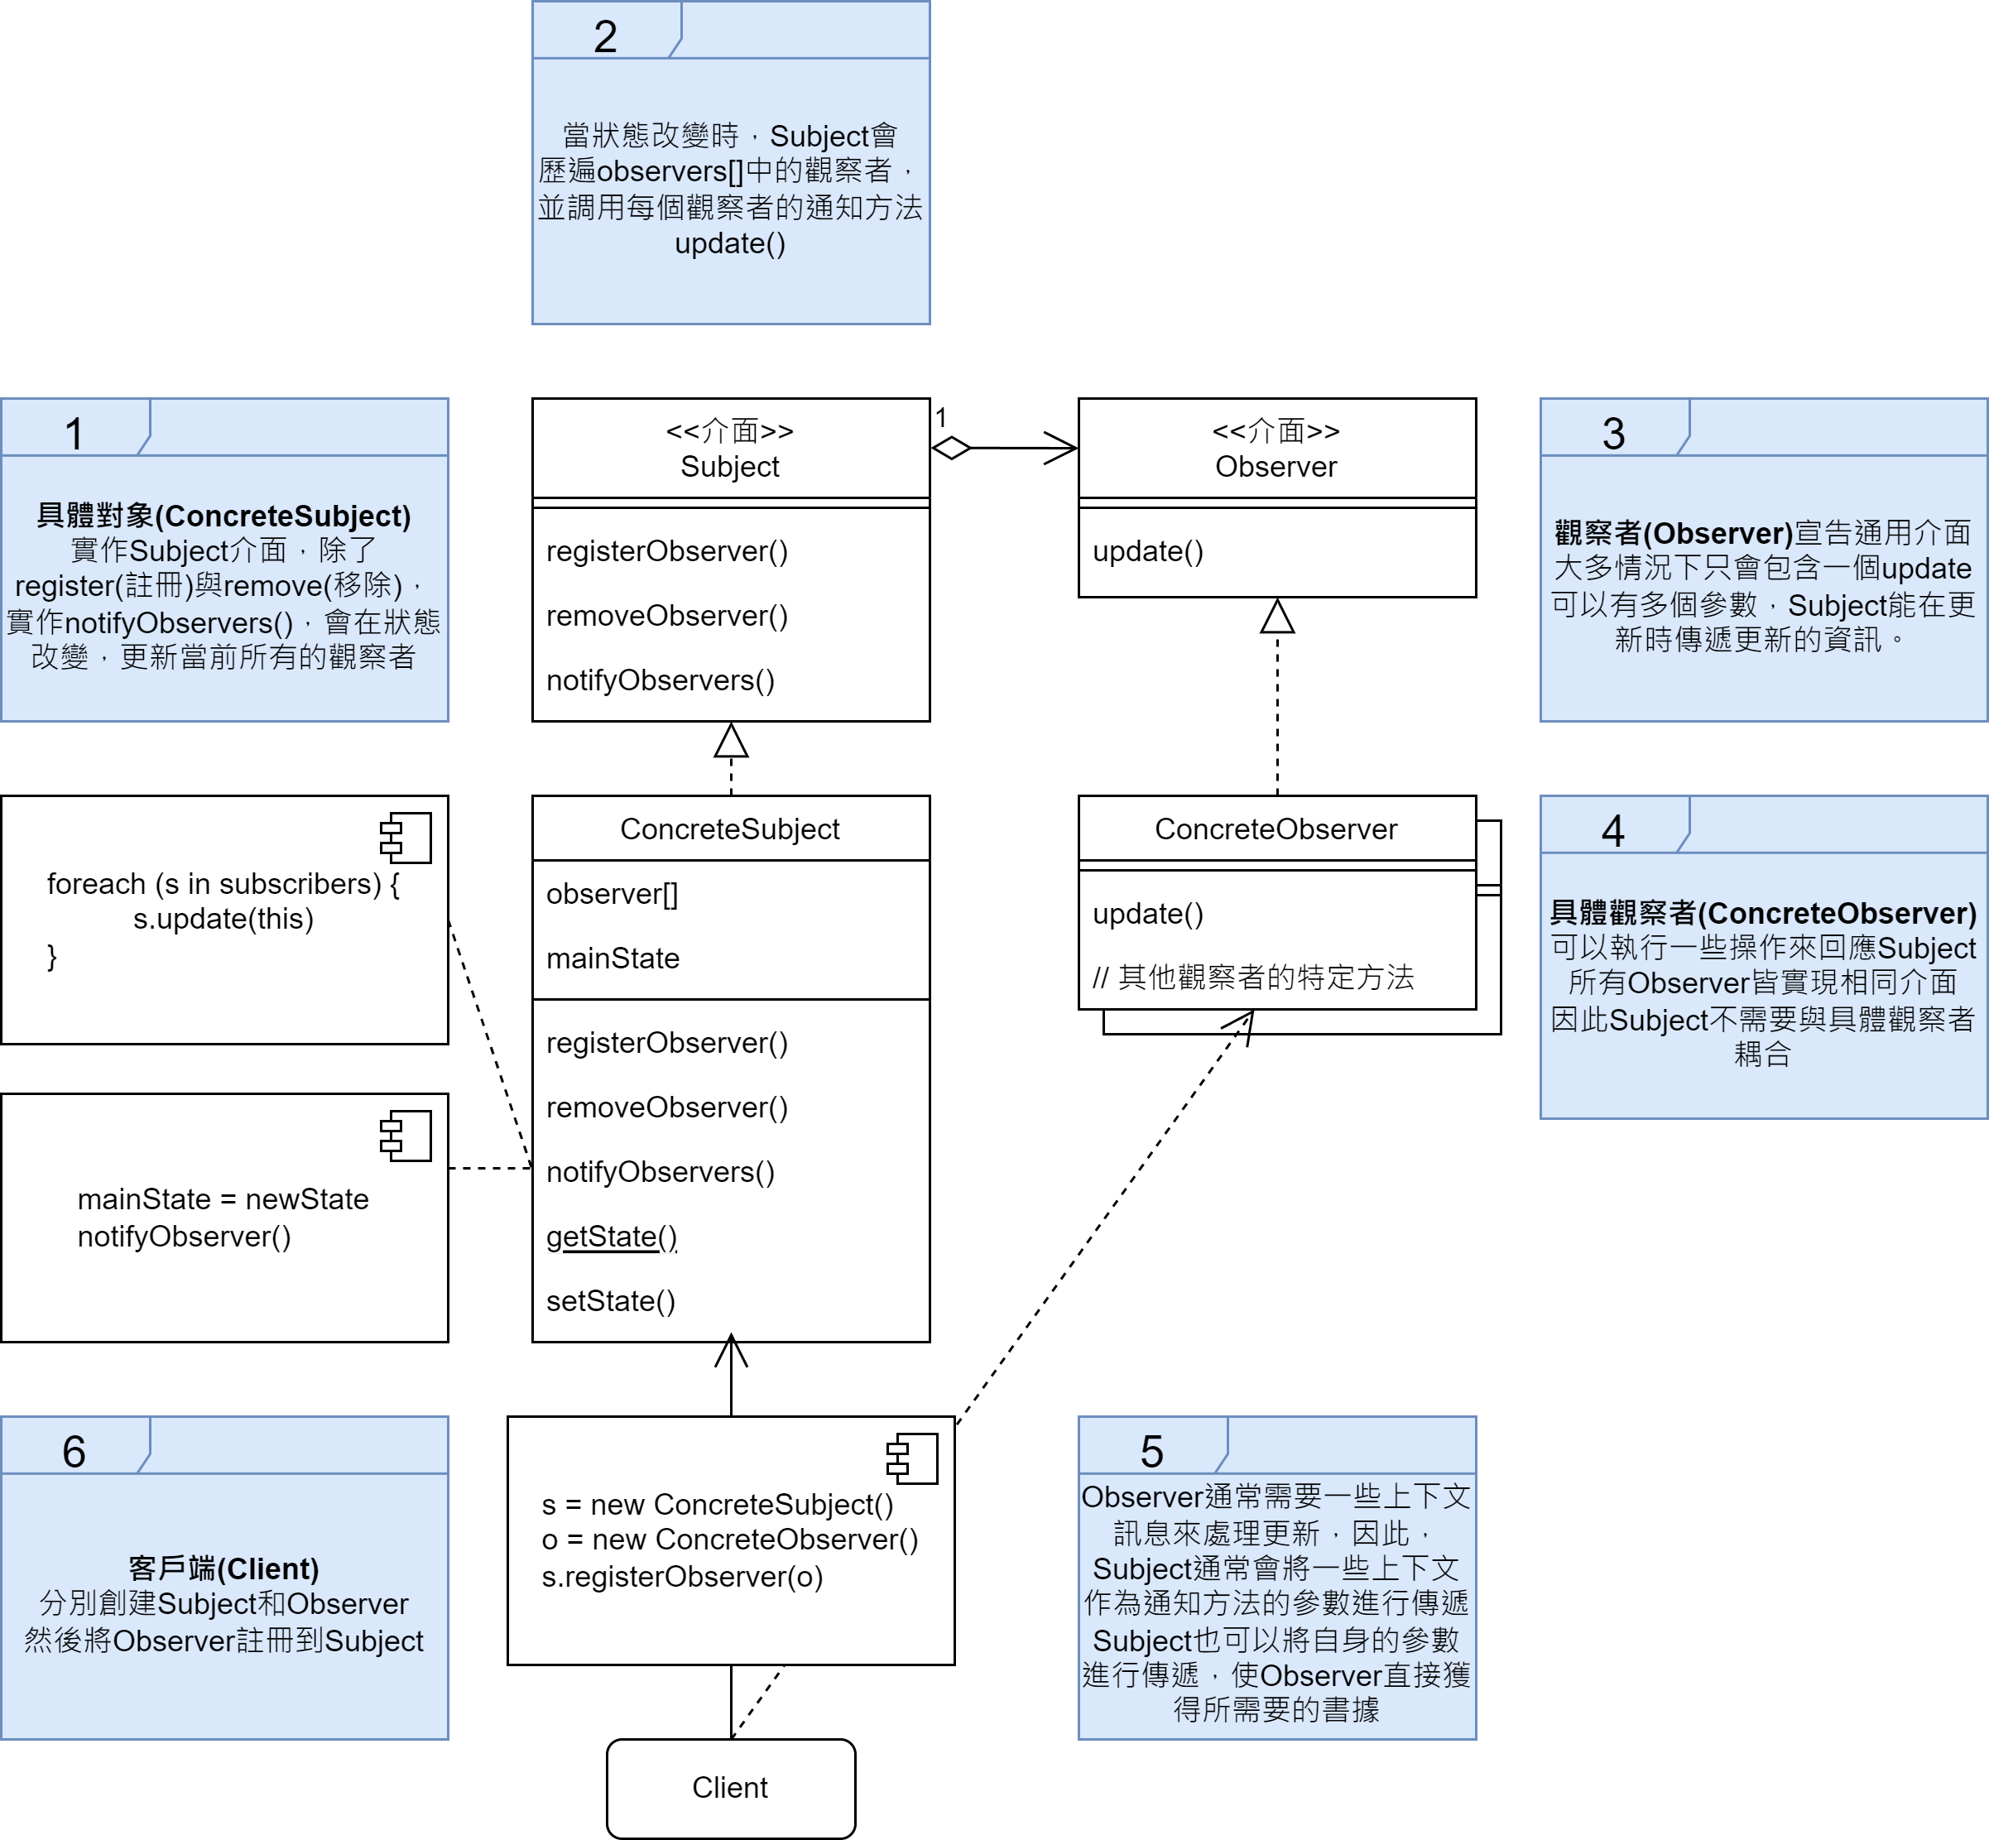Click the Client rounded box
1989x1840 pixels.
730,1787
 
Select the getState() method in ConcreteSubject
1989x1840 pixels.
611,1237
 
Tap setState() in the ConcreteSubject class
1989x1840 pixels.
610,1301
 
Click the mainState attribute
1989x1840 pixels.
613,958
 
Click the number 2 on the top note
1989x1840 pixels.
605,37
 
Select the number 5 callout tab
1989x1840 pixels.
1152,1452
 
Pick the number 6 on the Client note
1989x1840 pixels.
74,1452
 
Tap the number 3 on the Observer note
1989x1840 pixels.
1614,434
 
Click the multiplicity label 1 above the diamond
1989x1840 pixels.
941,418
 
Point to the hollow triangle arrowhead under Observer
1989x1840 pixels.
1277,617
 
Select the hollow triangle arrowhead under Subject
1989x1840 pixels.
731,741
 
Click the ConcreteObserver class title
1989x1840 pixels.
1276,829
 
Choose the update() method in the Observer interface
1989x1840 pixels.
1148,551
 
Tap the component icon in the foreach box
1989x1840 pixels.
406,838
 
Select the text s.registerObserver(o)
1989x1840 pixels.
682,1577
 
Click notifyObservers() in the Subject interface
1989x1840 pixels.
660,681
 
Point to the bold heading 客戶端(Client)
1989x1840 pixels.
224,1569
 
